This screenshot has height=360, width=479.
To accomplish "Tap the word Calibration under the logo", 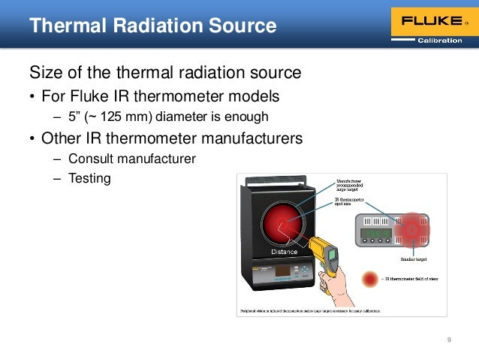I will pos(439,41).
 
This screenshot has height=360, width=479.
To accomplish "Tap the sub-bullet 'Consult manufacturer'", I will pos(131,159).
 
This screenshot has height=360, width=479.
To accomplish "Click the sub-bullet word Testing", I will pos(89,179).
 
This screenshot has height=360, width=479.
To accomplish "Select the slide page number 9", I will pos(449,340).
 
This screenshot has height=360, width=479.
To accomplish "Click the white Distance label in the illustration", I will pos(285,252).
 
